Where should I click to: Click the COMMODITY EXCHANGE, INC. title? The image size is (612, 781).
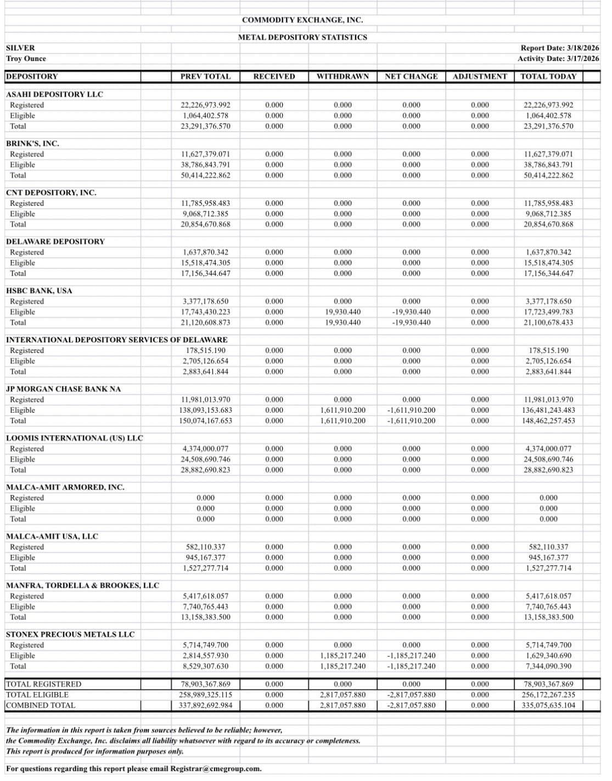pos(302,20)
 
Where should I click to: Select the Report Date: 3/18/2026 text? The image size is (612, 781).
pos(559,48)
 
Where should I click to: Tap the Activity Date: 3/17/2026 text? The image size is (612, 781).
pos(558,59)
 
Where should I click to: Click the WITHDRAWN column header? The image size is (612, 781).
pos(343,76)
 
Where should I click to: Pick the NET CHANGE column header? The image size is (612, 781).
pos(411,76)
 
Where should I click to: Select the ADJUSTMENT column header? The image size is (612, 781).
pos(480,76)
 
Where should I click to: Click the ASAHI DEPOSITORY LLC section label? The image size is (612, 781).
pos(54,94)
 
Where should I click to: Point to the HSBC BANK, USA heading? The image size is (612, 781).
pos(39,290)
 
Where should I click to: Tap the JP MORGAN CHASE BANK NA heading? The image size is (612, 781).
pos(63,389)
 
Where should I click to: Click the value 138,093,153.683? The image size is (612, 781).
pos(206,410)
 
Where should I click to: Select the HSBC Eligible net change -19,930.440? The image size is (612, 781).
pos(411,312)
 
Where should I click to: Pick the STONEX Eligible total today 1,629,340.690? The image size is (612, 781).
pos(548,655)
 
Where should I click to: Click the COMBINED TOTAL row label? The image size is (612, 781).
pos(41,705)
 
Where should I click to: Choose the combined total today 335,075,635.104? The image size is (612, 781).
pos(548,705)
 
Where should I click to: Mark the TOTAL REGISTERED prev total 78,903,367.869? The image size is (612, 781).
pos(206,684)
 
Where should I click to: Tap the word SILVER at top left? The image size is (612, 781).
pos(20,48)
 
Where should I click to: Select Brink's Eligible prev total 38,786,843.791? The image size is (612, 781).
pos(206,165)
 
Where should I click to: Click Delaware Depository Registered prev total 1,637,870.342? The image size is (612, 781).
pos(206,252)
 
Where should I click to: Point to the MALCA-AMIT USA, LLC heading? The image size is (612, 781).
pos(52,536)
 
